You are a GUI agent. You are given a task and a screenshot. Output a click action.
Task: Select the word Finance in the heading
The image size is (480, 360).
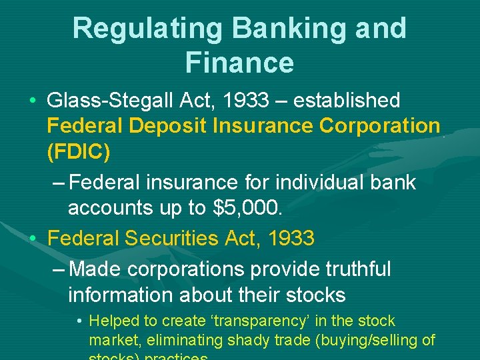(x=239, y=63)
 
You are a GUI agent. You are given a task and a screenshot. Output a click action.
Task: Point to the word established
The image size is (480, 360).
(x=347, y=101)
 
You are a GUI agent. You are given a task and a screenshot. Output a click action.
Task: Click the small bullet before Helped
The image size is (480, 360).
(x=79, y=322)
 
